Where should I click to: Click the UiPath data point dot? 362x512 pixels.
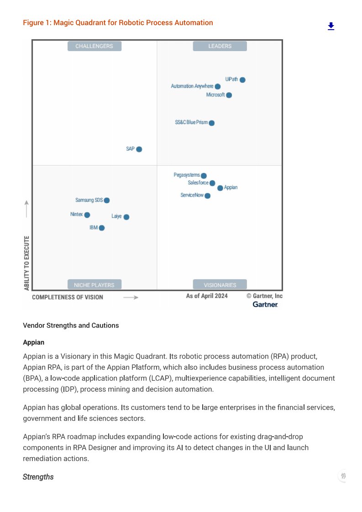(242, 80)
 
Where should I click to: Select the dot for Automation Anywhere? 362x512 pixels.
(218, 86)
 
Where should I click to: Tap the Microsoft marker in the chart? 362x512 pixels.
(229, 95)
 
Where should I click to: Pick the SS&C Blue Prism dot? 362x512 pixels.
(212, 123)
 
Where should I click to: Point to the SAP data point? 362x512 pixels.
(139, 149)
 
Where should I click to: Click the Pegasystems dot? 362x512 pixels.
(204, 176)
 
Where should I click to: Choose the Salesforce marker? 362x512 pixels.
(212, 183)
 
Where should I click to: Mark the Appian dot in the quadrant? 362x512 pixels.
(220, 188)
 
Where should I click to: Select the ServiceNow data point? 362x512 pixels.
(208, 196)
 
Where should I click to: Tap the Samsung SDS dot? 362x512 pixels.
(107, 200)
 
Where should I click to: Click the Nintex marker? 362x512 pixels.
(87, 215)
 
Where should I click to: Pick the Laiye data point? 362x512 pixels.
(126, 217)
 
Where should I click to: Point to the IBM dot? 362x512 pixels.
(102, 228)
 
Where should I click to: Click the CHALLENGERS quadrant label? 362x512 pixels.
(94, 46)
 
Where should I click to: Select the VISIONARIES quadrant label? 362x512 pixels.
(220, 285)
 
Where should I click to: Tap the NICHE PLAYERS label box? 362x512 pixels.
(94, 285)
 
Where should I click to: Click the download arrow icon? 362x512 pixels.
(331, 26)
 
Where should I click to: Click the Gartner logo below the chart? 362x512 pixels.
(265, 304)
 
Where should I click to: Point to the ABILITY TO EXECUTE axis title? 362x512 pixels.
(27, 263)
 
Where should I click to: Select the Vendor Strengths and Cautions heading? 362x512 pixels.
(71, 325)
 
